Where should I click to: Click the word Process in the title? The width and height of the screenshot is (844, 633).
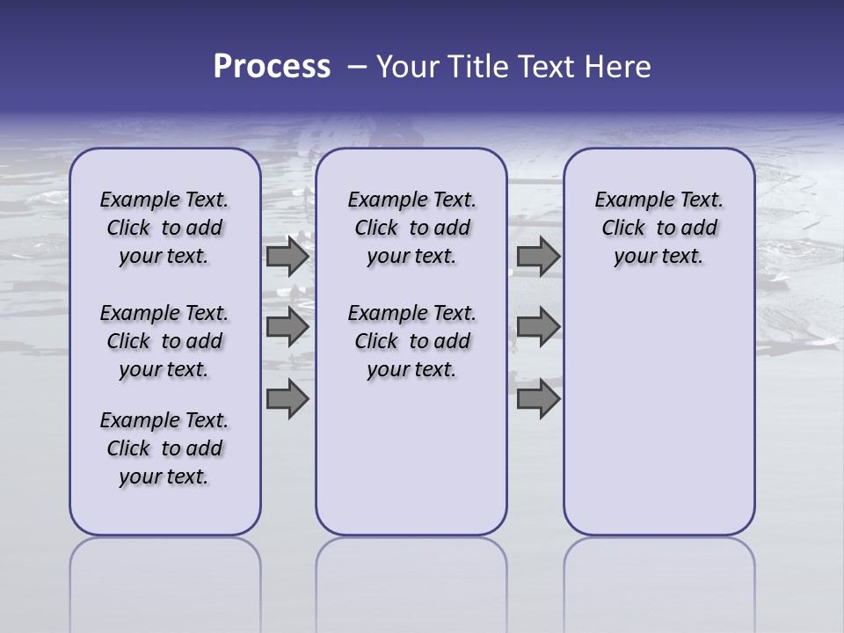pos(272,67)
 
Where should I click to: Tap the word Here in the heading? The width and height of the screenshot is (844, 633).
pos(619,67)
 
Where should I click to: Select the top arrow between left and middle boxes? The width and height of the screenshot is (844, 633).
pos(287,257)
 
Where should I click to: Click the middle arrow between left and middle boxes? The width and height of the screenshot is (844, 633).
pos(287,327)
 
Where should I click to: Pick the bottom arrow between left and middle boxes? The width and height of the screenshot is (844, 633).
pos(287,399)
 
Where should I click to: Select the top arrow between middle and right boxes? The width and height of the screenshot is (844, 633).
pos(538,257)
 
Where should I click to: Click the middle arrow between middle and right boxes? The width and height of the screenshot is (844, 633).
pos(538,327)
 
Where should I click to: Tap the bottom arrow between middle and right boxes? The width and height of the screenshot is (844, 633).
pos(538,399)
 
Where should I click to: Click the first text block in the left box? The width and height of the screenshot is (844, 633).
pos(164,228)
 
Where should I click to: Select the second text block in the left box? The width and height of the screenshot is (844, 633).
pos(164,341)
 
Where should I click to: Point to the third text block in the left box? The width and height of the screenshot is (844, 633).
pos(164,448)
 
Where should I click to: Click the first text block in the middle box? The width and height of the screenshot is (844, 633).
pos(411,228)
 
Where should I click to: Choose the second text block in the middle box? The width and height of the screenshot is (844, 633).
pos(411,341)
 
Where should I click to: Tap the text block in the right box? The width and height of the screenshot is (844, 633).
pos(658,228)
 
